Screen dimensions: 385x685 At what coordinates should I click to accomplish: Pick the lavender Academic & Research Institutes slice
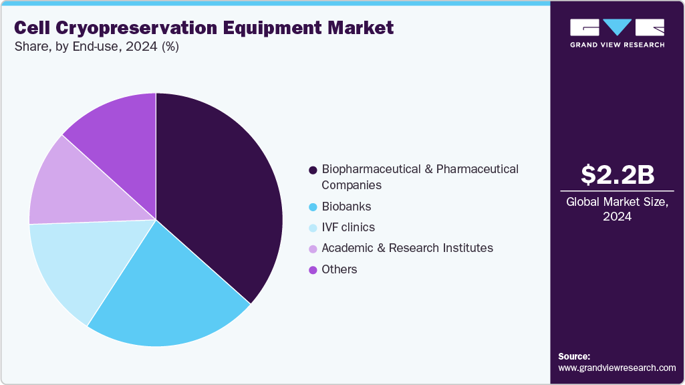(74, 187)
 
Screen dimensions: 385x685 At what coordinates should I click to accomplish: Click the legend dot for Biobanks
(313, 207)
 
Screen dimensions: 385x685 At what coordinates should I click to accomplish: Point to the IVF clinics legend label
(348, 227)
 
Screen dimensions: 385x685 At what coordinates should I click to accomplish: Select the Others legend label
(339, 269)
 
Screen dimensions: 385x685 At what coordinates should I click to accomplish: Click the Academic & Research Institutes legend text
(407, 248)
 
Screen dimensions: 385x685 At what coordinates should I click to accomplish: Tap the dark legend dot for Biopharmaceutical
(313, 170)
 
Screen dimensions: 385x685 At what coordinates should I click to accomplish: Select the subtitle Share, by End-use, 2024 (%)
(96, 47)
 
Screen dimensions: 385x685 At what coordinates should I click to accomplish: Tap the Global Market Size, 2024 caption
(617, 209)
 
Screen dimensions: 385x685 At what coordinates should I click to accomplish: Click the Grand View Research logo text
(617, 45)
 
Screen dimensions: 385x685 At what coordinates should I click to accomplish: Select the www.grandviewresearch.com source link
(617, 368)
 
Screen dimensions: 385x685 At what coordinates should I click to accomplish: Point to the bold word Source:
(574, 356)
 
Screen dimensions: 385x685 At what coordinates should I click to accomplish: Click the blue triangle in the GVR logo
(617, 27)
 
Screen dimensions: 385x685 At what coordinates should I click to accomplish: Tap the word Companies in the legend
(352, 184)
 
